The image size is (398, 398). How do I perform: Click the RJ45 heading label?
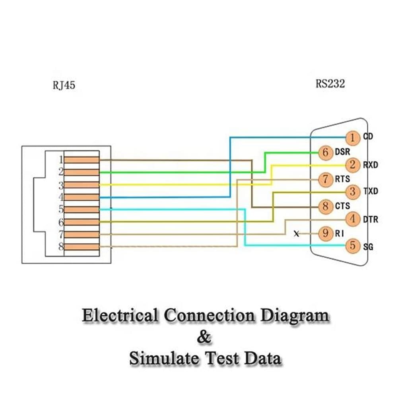pos(64,85)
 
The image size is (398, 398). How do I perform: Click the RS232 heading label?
pos(330,84)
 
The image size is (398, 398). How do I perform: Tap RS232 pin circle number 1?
pos(352,138)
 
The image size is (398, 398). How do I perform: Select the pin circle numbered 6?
pos(326,152)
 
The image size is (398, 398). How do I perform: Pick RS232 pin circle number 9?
pos(326,233)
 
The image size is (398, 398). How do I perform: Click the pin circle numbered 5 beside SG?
pos(352,247)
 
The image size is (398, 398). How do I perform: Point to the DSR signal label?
pos(342,152)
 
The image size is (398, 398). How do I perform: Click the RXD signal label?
pos(370,165)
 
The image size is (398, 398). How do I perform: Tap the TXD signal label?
pos(370,192)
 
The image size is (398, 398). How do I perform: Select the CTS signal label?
pos(342,206)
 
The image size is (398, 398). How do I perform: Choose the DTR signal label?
pos(370,219)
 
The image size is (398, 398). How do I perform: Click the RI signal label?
pos(339,234)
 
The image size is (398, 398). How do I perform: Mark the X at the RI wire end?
pos(296,234)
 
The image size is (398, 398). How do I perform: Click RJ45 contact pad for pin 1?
pos(82,160)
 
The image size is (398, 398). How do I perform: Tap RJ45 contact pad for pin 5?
pos(82,210)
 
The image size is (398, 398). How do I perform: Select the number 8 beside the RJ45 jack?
pos(61,247)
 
